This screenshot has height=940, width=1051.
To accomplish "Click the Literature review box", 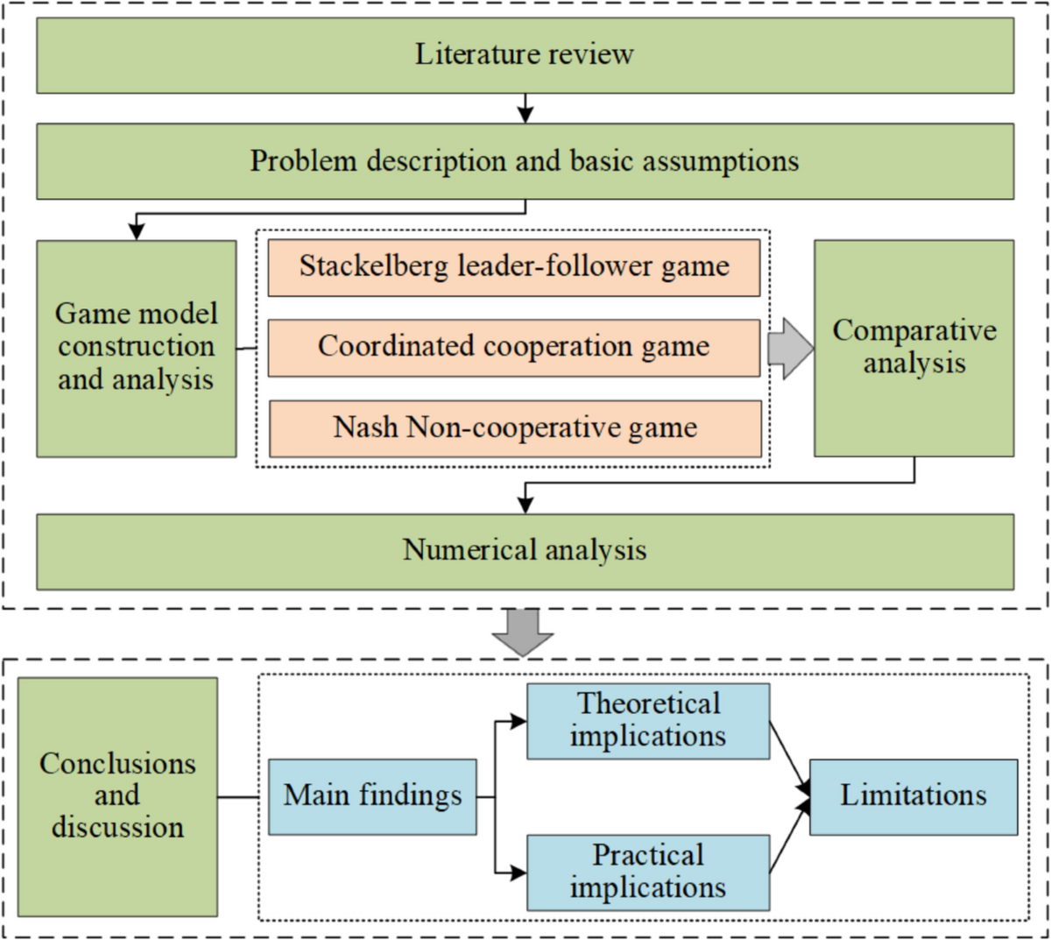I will [x=525, y=54].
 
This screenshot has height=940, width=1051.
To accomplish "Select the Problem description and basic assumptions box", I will [x=525, y=161].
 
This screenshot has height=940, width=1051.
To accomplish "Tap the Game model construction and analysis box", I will [x=136, y=348].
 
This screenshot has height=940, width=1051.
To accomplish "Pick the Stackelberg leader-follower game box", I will [x=514, y=267].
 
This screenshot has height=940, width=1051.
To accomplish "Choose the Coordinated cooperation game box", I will [x=514, y=347].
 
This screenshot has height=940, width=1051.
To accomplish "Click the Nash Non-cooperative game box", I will [x=515, y=428].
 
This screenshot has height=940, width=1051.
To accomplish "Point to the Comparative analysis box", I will [x=913, y=348].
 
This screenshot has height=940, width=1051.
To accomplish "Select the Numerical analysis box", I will [x=525, y=551].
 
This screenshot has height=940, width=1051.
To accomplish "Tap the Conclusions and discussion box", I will [x=117, y=796].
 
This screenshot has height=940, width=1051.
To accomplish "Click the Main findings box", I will [x=372, y=796].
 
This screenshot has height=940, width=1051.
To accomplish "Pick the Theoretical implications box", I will [x=647, y=721].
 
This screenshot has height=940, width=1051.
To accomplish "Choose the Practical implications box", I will [x=647, y=873].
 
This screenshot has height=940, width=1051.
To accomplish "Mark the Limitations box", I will [x=913, y=796].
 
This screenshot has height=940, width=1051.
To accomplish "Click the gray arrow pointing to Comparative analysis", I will [x=790, y=348].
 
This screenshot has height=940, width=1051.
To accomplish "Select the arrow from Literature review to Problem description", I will [x=525, y=109].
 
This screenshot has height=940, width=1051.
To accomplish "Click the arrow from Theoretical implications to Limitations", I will [x=790, y=759].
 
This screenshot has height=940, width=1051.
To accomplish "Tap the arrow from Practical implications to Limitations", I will [x=790, y=836].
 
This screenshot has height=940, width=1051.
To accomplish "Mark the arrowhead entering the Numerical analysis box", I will [x=525, y=505].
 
